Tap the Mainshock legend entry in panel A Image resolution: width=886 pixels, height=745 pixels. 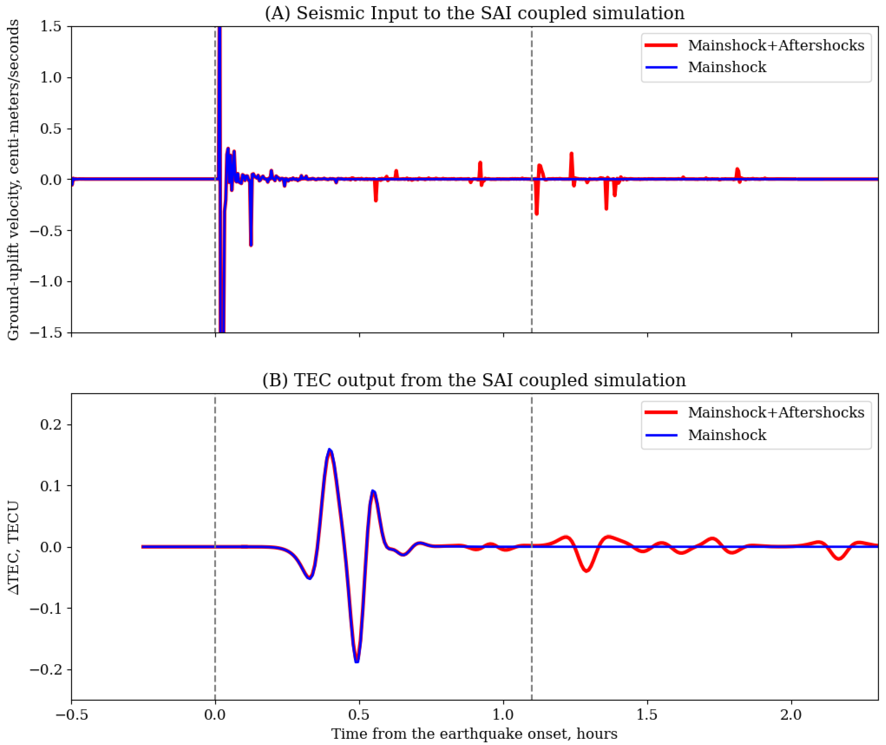[727, 67]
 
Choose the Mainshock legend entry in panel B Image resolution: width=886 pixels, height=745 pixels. [727, 435]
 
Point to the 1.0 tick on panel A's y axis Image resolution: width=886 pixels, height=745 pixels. [51, 78]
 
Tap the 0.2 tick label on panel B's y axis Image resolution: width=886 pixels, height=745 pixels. [51, 425]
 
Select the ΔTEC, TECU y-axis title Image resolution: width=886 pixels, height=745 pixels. [14, 547]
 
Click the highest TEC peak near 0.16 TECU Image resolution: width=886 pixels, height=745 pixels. [330, 450]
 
